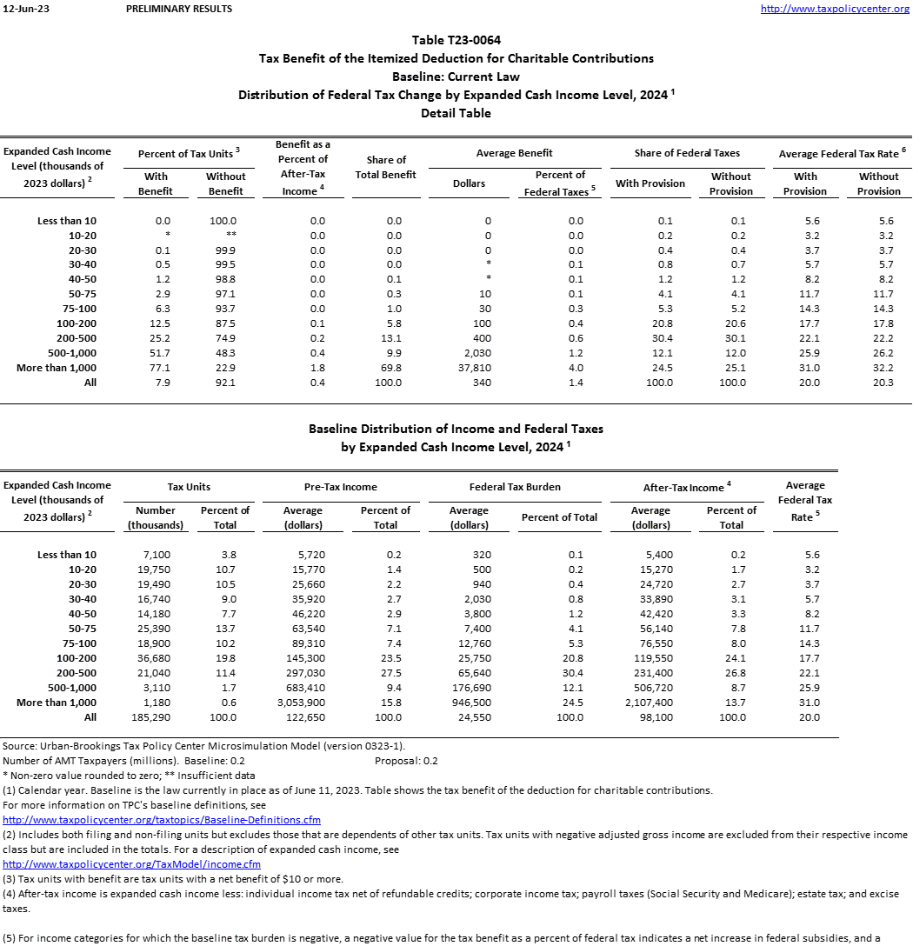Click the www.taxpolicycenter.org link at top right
835,9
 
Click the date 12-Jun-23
22,9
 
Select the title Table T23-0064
456,40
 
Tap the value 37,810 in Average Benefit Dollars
469,368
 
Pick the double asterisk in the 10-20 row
226,236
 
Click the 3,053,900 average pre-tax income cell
303,702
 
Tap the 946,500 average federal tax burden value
469,702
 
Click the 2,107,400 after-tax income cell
650,702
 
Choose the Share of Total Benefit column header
387,167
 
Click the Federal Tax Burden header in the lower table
515,487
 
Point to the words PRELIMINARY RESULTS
179,9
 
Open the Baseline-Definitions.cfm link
162,820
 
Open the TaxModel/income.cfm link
132,864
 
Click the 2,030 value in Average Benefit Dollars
469,353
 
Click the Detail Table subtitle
456,113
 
